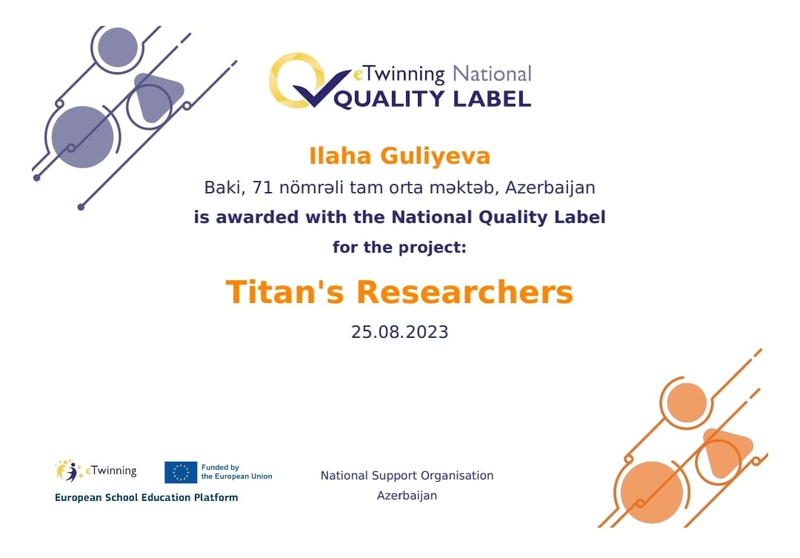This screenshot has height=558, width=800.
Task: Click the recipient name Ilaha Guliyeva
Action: point(399,156)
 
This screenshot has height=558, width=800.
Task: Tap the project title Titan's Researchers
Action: point(399,292)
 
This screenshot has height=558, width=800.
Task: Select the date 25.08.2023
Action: point(399,332)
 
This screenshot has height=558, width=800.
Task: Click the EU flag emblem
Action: point(181,472)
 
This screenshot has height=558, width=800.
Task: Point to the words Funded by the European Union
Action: point(237,472)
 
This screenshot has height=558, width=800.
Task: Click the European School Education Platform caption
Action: point(147,497)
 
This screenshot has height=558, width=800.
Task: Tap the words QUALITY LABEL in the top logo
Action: point(433,99)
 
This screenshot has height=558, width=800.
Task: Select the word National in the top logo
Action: point(492,75)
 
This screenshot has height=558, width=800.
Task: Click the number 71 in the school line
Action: point(263,188)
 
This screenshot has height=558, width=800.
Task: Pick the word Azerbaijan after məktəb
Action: point(550,188)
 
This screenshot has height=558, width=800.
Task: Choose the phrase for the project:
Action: point(399,247)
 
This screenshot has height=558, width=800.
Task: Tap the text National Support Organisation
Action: point(407,475)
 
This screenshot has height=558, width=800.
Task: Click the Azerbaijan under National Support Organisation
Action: point(407,495)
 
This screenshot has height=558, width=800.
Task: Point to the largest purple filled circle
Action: point(83,137)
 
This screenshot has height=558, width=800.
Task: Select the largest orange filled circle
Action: point(652,492)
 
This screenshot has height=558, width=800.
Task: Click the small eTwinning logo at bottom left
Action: point(96,471)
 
